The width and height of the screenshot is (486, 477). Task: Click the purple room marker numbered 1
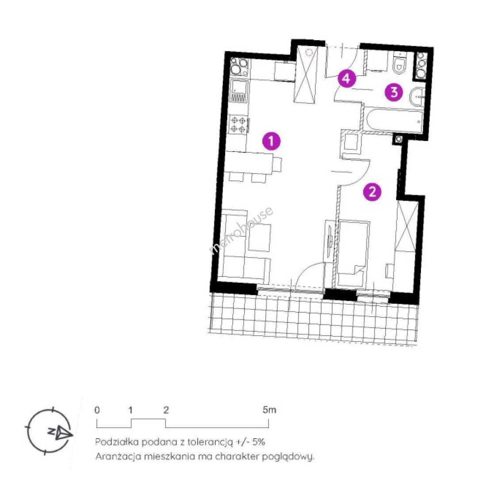point(272,141)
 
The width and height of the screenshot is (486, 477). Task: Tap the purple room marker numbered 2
point(372,192)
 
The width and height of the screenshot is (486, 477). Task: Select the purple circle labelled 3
point(394,92)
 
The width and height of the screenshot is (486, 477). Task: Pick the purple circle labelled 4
point(347,79)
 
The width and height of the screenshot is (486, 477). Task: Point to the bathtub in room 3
point(394,120)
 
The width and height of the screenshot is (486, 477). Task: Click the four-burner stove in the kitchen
point(238,124)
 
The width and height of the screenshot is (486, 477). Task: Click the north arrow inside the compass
point(64,432)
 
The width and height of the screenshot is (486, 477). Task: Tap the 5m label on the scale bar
point(269,410)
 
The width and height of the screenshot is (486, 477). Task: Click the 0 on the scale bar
point(97,410)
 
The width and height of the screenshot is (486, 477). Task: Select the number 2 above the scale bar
point(166,410)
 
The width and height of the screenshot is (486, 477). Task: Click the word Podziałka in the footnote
point(117,442)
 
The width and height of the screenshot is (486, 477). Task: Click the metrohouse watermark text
point(241,231)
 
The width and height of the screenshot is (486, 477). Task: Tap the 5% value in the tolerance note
point(259,442)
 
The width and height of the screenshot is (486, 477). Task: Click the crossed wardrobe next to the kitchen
point(306,75)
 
